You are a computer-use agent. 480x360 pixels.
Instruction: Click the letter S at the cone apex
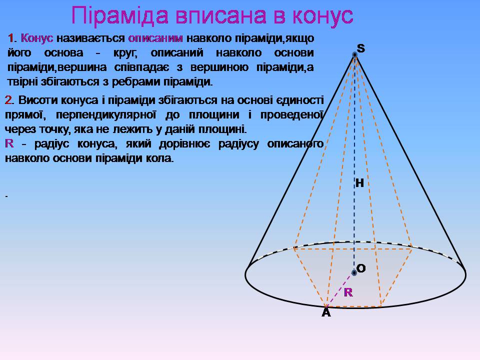[x=361, y=48]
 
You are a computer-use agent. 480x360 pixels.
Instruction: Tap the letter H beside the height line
[x=359, y=183]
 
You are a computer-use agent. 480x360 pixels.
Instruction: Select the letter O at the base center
[x=361, y=268]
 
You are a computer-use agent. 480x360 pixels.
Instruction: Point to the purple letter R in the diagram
[x=348, y=292]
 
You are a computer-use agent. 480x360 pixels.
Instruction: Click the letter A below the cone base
[x=326, y=312]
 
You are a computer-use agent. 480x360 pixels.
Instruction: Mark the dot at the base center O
[x=354, y=272]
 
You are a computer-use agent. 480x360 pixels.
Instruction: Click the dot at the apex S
[x=354, y=55]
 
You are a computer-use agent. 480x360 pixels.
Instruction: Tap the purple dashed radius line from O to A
[x=340, y=289]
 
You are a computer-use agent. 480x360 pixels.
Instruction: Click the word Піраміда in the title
[x=120, y=15]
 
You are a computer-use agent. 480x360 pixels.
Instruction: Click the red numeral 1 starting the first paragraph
[x=10, y=38]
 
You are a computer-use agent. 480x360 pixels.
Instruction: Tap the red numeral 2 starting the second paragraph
[x=8, y=100]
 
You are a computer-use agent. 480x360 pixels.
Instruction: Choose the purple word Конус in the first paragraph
[x=37, y=38]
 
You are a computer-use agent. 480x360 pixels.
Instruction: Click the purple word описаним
[x=155, y=38]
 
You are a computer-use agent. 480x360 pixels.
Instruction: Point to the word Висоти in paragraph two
[x=38, y=100]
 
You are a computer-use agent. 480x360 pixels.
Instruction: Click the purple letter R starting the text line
[x=9, y=143]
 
